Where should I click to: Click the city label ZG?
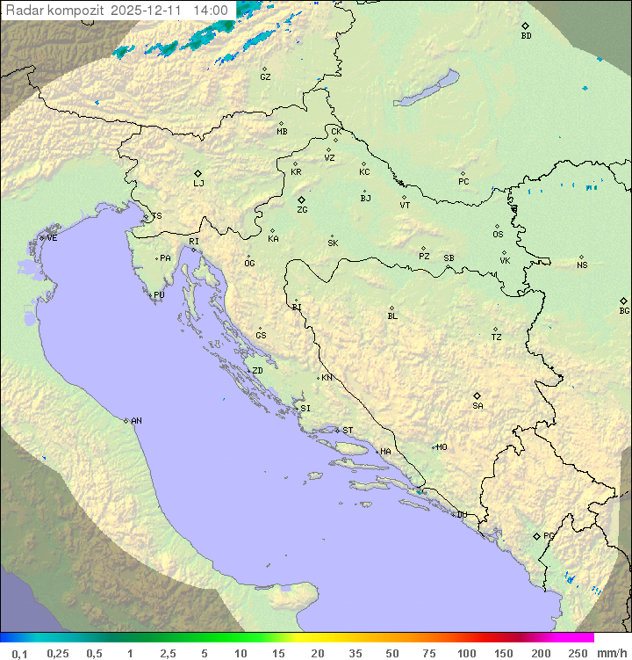[302, 210]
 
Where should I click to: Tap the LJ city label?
[198, 184]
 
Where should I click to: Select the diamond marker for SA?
[478, 395]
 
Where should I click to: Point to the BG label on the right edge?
[624, 310]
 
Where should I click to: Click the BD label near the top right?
[526, 36]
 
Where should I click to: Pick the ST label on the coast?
[348, 431]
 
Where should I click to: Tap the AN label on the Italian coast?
[136, 421]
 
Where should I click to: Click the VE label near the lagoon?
[52, 238]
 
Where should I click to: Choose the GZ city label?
[265, 77]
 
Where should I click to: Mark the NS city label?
[582, 265]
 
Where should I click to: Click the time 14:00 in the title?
[212, 11]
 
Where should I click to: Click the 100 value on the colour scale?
[466, 653]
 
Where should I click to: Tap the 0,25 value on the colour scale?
[58, 653]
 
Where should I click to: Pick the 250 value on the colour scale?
[578, 653]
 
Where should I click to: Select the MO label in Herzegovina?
[442, 447]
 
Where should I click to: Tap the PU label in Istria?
[159, 295]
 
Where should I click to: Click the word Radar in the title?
[22, 11]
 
